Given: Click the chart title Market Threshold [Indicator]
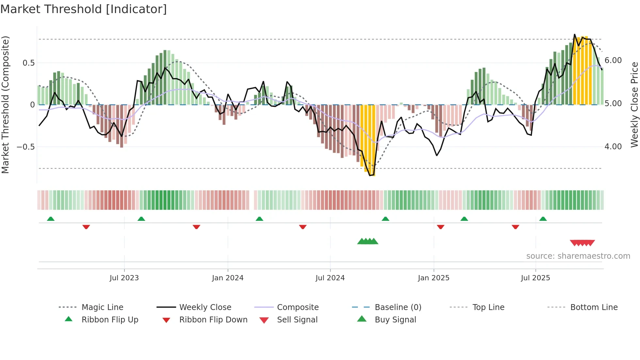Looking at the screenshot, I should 84,9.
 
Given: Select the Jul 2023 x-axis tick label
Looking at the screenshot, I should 124,278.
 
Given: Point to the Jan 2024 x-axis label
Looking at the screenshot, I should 228,278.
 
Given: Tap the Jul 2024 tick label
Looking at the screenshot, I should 330,278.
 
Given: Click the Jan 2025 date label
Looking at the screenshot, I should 434,278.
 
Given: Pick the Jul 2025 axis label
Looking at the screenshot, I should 536,278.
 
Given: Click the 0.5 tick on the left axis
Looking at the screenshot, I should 28,63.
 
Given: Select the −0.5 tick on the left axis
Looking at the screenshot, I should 26,147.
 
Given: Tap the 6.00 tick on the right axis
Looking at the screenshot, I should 613,60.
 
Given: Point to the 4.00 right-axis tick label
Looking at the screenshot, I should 613,147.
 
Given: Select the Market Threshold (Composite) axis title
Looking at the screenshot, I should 5,105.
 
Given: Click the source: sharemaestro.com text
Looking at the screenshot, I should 578,256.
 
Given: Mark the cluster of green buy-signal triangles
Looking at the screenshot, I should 368,241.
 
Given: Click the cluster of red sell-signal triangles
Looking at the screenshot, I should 582,243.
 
